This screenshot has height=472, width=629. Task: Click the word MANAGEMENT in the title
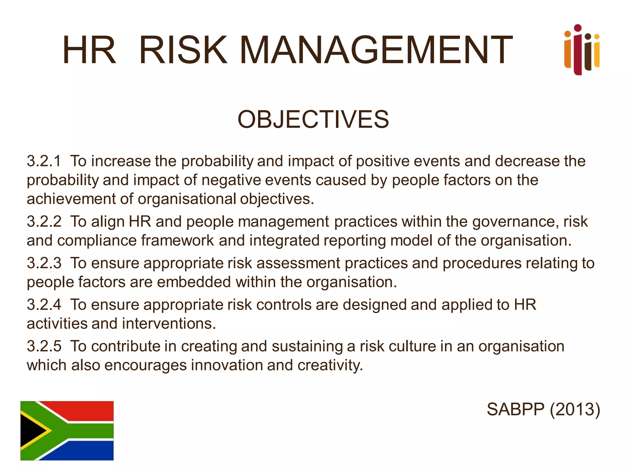[x=376, y=50]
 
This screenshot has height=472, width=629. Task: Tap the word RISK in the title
[x=183, y=50]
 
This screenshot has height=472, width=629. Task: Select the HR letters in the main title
[x=89, y=50]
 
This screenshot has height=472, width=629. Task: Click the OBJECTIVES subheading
[x=313, y=119]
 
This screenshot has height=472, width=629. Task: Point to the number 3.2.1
[x=44, y=161]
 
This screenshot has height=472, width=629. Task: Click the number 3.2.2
[x=44, y=222]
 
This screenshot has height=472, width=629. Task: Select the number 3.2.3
[x=44, y=263]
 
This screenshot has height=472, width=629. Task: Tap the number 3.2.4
[x=44, y=305]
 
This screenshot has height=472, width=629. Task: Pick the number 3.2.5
[x=44, y=346]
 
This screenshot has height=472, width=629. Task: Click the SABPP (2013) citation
[x=543, y=409]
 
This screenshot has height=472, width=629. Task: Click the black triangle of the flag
[x=31, y=431]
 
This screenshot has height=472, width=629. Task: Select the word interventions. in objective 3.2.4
[x=169, y=324]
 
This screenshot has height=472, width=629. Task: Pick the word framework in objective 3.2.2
[x=177, y=241]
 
